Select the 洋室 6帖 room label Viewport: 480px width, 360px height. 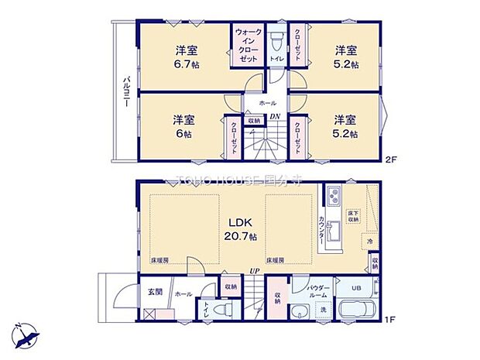[183, 125]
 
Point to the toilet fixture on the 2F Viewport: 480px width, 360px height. [276, 39]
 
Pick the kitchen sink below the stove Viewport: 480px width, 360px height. [334, 230]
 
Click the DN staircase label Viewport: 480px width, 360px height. [274, 117]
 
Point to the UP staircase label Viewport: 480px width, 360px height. [253, 270]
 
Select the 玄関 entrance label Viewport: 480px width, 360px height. [154, 293]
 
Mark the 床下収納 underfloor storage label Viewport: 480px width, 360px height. [352, 215]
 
